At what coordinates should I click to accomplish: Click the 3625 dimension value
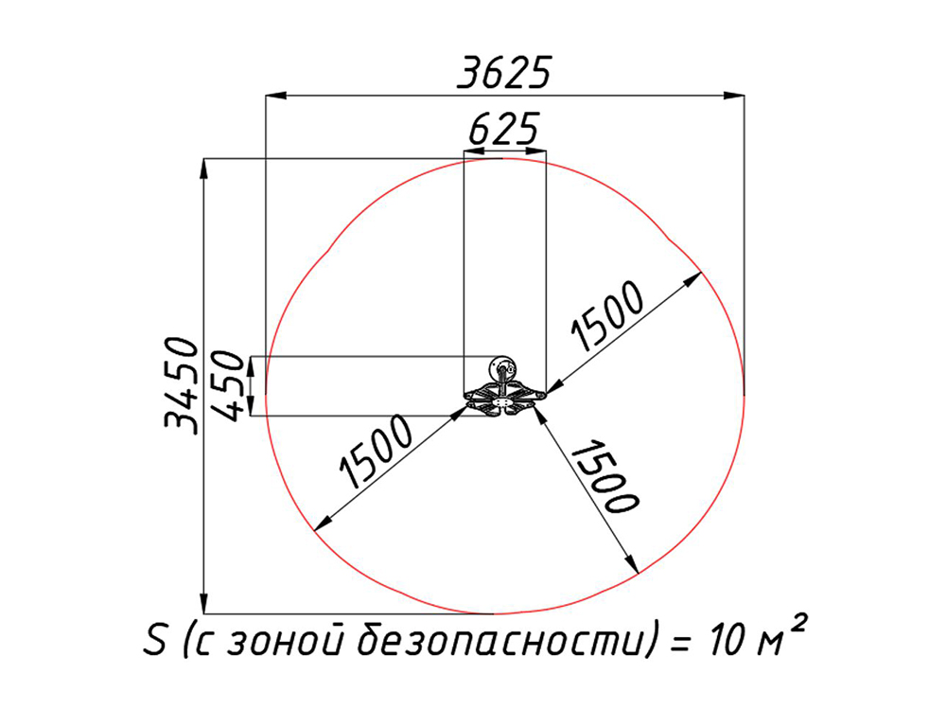504,73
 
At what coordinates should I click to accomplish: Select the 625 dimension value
504,129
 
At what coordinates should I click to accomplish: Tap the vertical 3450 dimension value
182,384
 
